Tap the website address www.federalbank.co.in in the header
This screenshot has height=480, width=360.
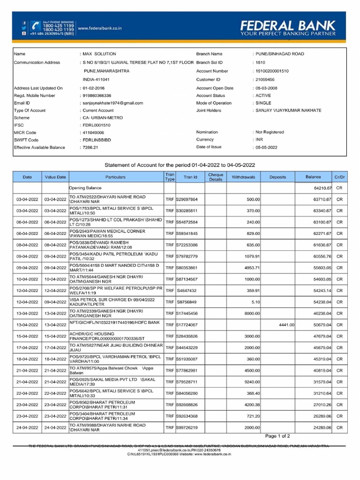coord(100,28)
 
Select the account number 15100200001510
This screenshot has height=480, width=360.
coord(272,71)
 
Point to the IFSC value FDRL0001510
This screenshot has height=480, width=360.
coord(97,125)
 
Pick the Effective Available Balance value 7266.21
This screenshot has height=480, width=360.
coord(90,147)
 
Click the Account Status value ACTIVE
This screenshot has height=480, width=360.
coord(263,95)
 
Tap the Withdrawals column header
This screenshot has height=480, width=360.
coord(243,177)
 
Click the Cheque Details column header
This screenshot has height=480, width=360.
coord(216,177)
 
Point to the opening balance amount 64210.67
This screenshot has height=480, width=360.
coord(322,188)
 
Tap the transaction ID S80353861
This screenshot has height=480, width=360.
coord(187,268)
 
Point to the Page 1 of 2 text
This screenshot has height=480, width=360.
coord(280,436)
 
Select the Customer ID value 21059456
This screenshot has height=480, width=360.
coord(265,80)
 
